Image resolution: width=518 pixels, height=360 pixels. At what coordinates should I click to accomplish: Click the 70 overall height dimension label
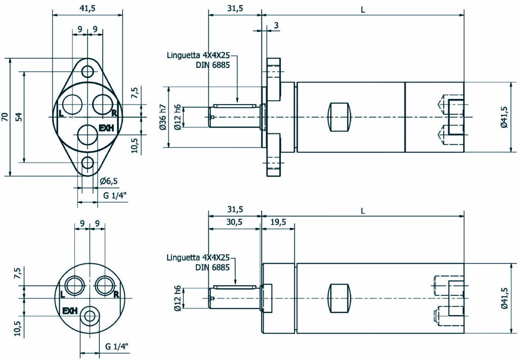5,117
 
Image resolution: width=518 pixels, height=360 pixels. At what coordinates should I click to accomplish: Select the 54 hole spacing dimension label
19,117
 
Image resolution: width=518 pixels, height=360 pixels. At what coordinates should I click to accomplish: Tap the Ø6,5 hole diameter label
108,181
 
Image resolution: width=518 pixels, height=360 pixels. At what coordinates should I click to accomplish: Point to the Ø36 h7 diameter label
163,117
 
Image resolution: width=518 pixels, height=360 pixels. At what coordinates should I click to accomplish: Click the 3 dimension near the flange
276,25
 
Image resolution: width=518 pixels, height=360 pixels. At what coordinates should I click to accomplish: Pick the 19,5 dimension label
278,221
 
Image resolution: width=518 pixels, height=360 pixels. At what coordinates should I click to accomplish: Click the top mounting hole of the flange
88,70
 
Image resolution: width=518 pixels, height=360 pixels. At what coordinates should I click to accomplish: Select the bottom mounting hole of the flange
88,163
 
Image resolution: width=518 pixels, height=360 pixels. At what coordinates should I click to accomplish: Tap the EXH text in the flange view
106,128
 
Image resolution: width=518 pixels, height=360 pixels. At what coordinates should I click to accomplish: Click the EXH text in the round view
69,310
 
